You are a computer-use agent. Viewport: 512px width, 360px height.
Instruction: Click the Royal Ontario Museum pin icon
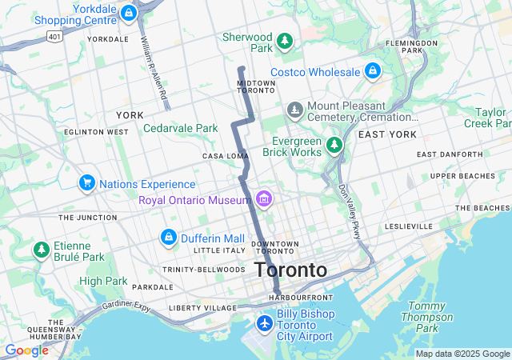264,198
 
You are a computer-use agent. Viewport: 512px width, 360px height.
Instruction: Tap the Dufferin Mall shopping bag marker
168,237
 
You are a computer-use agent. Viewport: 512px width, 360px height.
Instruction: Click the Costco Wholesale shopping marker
372,71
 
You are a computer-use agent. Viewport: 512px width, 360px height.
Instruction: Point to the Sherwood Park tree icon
284,41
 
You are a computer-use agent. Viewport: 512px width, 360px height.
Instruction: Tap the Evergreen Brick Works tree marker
334,145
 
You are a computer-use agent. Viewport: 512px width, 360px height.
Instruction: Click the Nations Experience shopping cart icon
86,183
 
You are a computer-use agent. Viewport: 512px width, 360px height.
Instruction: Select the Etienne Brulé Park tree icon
41,250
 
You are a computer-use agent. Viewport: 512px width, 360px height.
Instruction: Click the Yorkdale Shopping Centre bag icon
128,13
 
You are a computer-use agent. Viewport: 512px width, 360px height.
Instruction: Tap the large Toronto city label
291,270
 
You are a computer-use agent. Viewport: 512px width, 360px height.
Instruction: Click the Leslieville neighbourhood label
408,226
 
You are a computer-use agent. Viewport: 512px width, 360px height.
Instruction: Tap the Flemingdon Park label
412,46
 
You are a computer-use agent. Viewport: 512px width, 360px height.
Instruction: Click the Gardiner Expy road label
126,306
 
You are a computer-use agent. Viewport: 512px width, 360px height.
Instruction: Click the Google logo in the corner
26,350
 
